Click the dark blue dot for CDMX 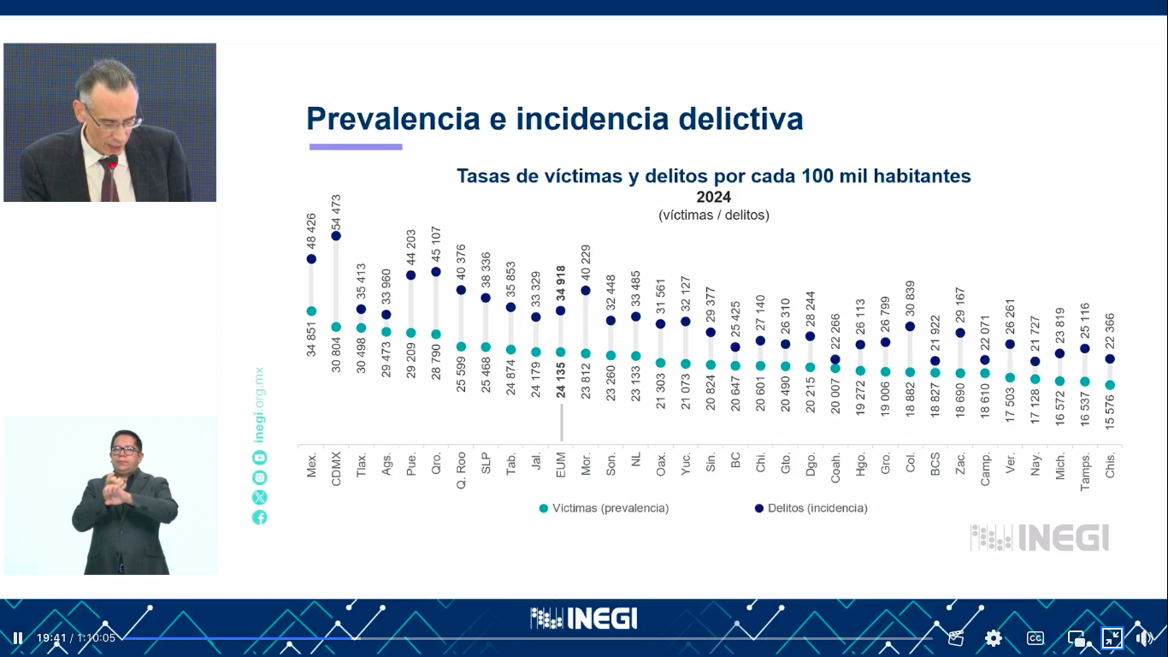pos(336,235)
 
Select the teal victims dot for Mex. pos(311,311)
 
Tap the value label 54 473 pos(336,211)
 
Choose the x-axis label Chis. pos(1110,465)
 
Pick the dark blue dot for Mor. pos(586,291)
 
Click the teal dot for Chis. pos(1110,385)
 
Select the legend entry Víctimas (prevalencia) pos(605,508)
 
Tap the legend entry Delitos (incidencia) pos(811,508)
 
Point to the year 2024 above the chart pos(713,197)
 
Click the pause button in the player pos(17,637)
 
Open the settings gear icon pos(993,637)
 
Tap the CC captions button pos(1035,637)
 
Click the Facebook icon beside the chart pos(259,517)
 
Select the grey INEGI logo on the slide pos(1040,537)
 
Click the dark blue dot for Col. pos(911,326)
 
